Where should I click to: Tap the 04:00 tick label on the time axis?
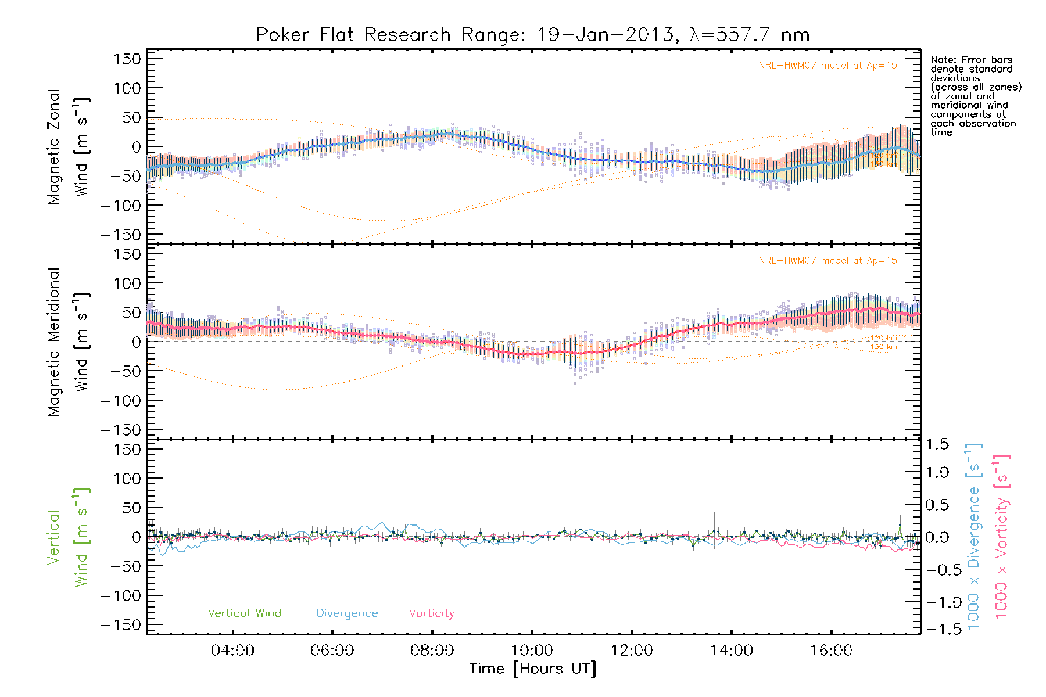pyautogui.click(x=232, y=651)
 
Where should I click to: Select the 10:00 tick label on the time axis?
pyautogui.click(x=532, y=651)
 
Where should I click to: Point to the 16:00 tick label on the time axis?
pyautogui.click(x=832, y=651)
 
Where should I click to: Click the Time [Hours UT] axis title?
pyautogui.click(x=532, y=669)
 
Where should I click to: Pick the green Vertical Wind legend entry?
pyautogui.click(x=244, y=613)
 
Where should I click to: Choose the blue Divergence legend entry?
pyautogui.click(x=347, y=613)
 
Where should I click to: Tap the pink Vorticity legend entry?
pyautogui.click(x=431, y=613)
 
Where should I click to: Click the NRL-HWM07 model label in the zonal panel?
pyautogui.click(x=828, y=66)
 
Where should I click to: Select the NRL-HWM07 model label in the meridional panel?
pyautogui.click(x=828, y=261)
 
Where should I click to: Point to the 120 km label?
pyautogui.click(x=883, y=338)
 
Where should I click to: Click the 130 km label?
pyautogui.click(x=883, y=347)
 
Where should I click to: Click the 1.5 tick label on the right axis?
pyautogui.click(x=937, y=444)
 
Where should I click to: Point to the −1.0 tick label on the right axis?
pyautogui.click(x=937, y=602)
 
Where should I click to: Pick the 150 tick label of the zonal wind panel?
pyautogui.click(x=127, y=59)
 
